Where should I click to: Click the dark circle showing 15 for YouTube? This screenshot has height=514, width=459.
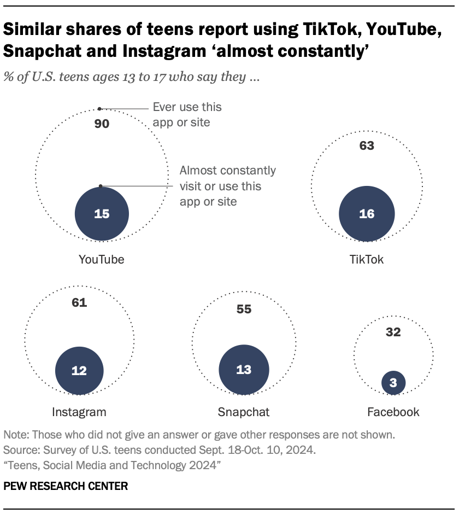[x=102, y=214]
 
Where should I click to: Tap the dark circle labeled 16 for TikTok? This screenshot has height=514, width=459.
[x=367, y=214]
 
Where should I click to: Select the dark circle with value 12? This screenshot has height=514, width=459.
[x=79, y=370]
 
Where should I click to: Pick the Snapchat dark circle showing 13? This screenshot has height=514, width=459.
[x=244, y=370]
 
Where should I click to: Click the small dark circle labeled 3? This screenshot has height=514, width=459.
[x=393, y=382]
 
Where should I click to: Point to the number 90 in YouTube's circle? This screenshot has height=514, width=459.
[x=102, y=124]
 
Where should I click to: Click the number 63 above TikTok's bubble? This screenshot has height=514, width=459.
[x=367, y=146]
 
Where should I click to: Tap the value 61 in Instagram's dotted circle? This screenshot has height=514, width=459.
[x=79, y=302]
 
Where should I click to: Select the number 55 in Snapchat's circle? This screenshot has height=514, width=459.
[x=244, y=309]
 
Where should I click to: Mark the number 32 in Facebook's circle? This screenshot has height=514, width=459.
[x=393, y=332]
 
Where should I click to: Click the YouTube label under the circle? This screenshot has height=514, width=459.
[x=102, y=260]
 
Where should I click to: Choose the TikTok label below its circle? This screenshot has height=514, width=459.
[x=367, y=260]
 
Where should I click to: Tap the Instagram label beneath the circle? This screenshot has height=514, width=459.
[x=79, y=412]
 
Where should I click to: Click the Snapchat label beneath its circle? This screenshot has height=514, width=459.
[x=244, y=412]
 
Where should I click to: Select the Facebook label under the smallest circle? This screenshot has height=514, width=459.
[x=393, y=412]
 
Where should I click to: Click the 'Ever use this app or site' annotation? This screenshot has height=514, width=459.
[x=187, y=114]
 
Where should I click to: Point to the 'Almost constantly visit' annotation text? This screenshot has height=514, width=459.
[x=228, y=186]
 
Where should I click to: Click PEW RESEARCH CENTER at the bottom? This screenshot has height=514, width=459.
[x=66, y=486]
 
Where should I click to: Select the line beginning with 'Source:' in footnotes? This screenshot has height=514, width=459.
[x=160, y=451]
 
